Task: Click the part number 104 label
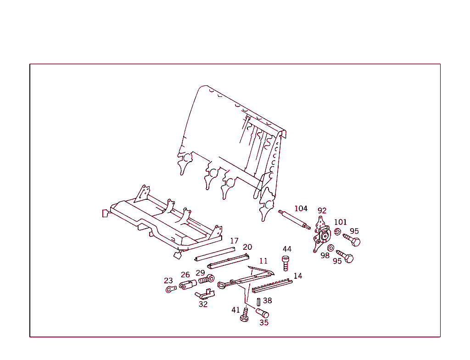[301, 208]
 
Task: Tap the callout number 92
[322, 211]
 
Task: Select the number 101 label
[340, 222]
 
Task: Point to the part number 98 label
[325, 256]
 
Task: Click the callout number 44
[287, 249]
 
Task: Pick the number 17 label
[234, 241]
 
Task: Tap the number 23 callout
[168, 281]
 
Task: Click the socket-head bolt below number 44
[285, 264]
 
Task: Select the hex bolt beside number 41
[245, 315]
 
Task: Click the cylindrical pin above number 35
[262, 313]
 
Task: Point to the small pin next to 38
[259, 302]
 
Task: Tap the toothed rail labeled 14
[272, 286]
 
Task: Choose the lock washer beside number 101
[337, 232]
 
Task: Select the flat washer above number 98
[331, 248]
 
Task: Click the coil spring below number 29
[207, 280]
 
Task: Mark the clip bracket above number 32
[205, 294]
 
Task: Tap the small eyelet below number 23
[171, 289]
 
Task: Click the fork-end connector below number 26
[188, 284]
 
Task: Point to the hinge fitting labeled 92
[322, 235]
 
